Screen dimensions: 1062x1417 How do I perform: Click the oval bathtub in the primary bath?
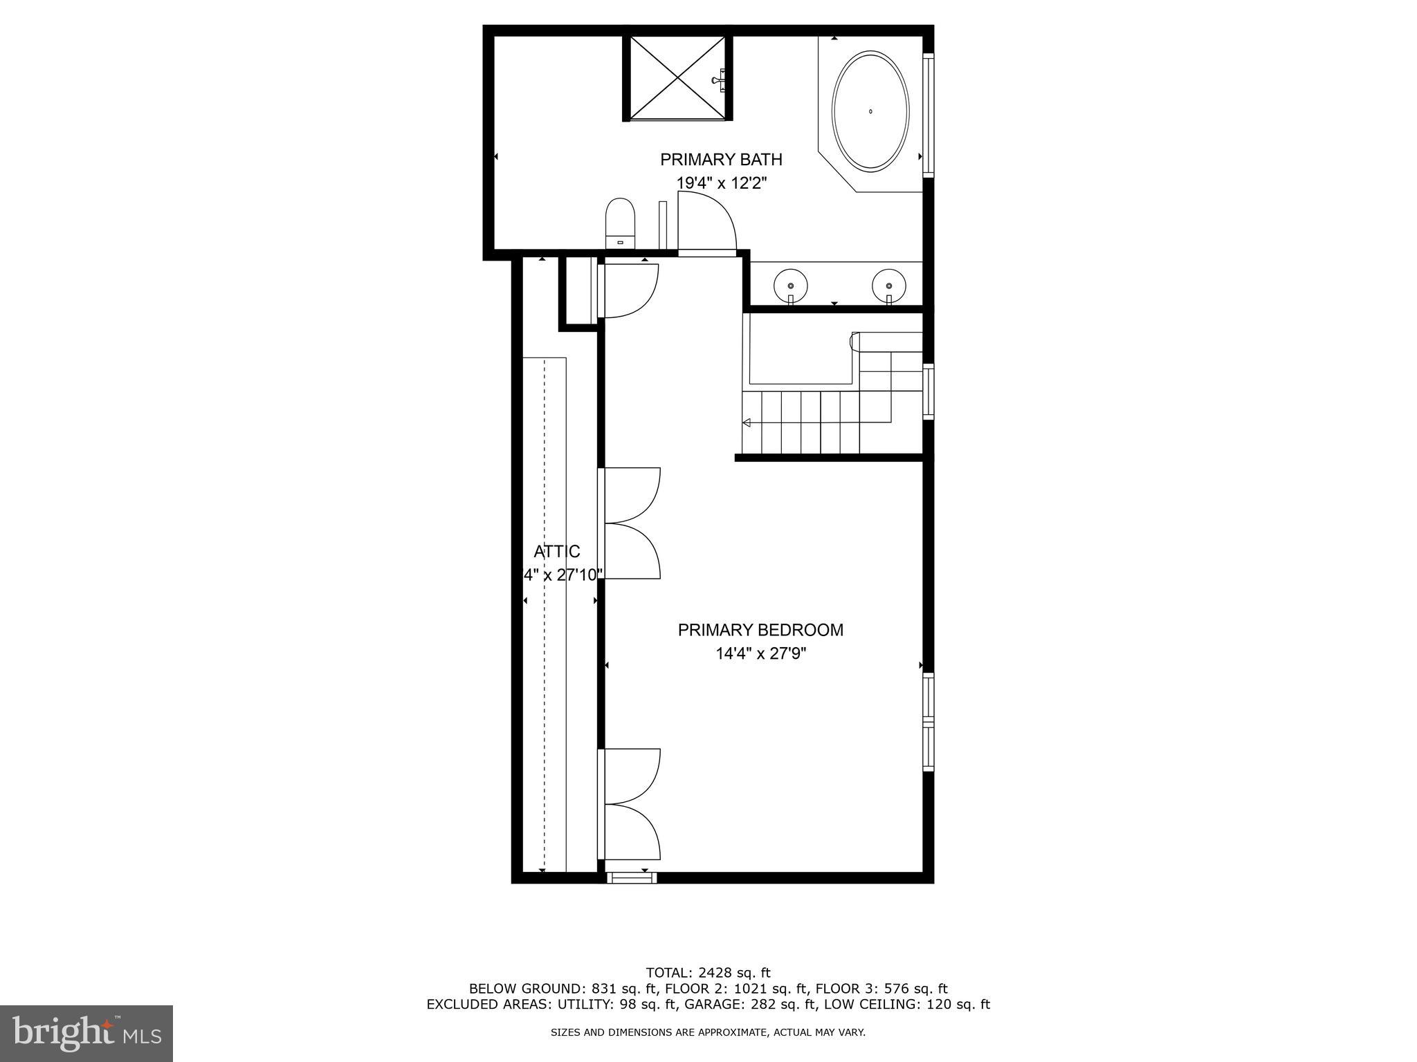pos(870,111)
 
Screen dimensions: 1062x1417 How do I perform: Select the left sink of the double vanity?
pos(790,284)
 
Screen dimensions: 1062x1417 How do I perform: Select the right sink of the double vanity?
pos(889,284)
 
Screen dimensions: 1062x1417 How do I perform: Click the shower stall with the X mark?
pos(678,77)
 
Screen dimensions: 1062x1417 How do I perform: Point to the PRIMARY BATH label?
pos(721,160)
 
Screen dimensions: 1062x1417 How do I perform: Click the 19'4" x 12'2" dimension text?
pos(722,183)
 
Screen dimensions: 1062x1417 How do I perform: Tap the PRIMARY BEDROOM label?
pos(760,630)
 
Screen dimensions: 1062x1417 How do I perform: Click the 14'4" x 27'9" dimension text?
pos(761,653)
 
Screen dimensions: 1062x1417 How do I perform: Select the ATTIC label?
pos(557,551)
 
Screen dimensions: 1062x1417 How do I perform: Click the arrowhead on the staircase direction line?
pos(747,422)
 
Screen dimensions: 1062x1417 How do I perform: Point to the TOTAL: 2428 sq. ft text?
pos(708,973)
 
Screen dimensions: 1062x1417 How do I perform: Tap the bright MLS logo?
pos(86,1034)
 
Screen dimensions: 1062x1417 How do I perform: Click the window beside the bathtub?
pos(929,114)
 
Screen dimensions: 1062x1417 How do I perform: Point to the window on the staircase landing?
pos(929,391)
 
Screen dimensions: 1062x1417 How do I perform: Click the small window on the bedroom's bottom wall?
pos(632,878)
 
